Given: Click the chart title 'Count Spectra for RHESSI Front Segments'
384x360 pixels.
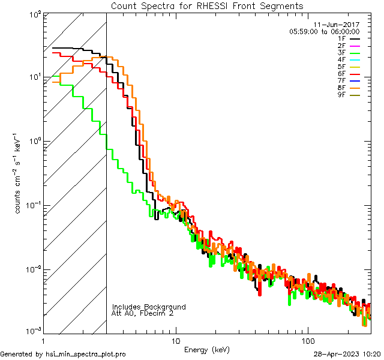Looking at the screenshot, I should pyautogui.click(x=207, y=6).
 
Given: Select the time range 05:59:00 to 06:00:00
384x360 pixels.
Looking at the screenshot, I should pyautogui.click(x=324, y=31).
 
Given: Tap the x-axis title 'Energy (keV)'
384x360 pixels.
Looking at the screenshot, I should pyautogui.click(x=206, y=349).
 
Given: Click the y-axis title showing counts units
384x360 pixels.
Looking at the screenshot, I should pyautogui.click(x=19, y=173).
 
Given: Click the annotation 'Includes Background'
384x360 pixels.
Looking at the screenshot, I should pyautogui.click(x=149, y=307).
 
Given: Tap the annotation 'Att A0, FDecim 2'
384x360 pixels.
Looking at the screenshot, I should pyautogui.click(x=143, y=313).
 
